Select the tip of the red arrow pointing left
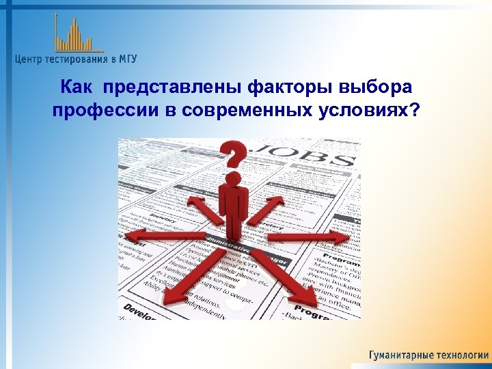124,236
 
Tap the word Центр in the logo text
31,59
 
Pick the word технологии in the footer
461,355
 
